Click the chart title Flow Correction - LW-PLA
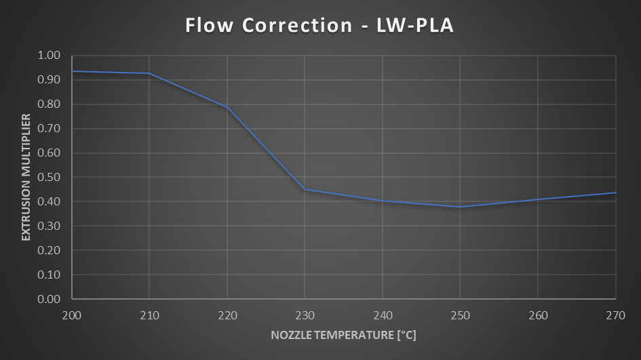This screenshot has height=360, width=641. coord(319,26)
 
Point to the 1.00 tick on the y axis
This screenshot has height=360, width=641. coord(50,56)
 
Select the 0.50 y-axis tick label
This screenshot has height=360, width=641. coord(50,178)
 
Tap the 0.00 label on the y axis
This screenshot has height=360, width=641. coord(50,299)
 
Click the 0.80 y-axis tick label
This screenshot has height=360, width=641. coord(50,104)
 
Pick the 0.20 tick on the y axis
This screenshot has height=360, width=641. coord(50,250)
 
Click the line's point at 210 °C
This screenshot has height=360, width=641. coord(149,73)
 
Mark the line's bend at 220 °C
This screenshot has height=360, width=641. coord(227,107)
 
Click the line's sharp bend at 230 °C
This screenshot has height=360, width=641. coord(305,189)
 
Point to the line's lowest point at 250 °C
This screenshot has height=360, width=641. coord(460,207)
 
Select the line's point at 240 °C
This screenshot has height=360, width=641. coord(383,201)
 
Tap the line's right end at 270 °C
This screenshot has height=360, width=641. coord(615,193)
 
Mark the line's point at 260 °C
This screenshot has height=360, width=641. coord(538,199)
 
